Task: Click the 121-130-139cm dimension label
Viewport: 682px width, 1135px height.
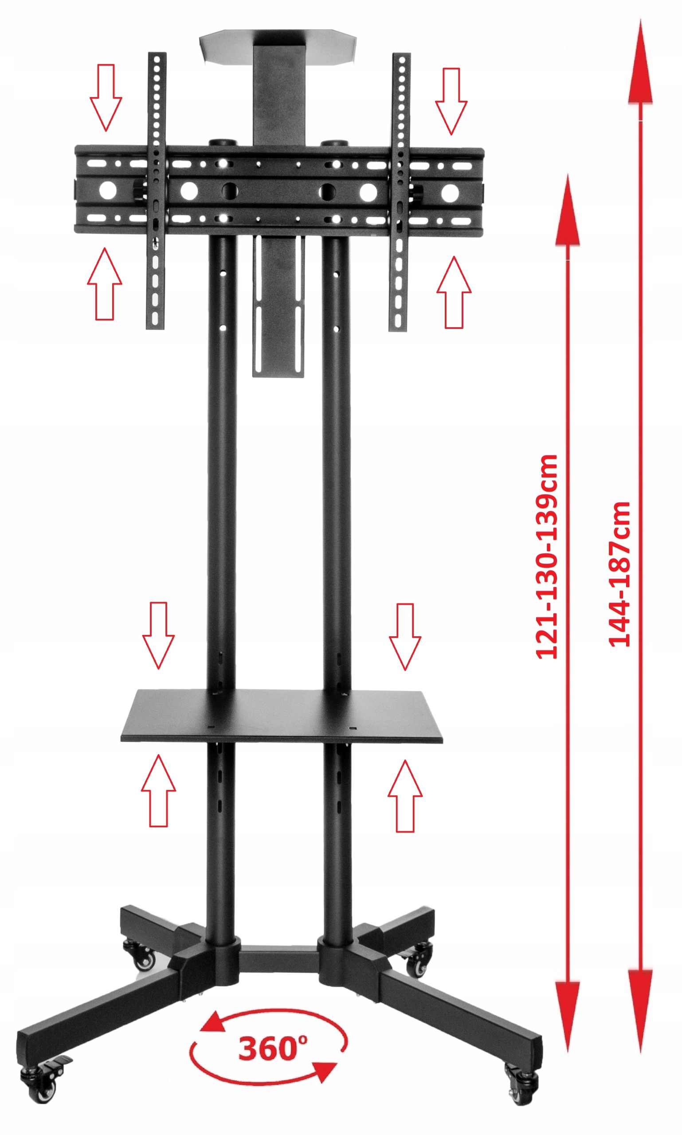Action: pyautogui.click(x=547, y=557)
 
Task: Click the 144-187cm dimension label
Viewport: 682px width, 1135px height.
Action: pyautogui.click(x=619, y=575)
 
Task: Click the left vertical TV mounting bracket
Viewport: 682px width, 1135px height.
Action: pyautogui.click(x=156, y=191)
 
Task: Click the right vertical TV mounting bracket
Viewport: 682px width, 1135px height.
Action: pyautogui.click(x=400, y=192)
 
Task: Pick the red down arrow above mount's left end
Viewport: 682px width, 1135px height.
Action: pyautogui.click(x=106, y=98)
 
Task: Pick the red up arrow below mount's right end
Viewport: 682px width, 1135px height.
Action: pyautogui.click(x=454, y=292)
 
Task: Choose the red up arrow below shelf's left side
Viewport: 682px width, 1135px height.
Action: pyautogui.click(x=159, y=791)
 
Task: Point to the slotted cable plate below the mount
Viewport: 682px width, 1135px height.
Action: pyautogui.click(x=278, y=306)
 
